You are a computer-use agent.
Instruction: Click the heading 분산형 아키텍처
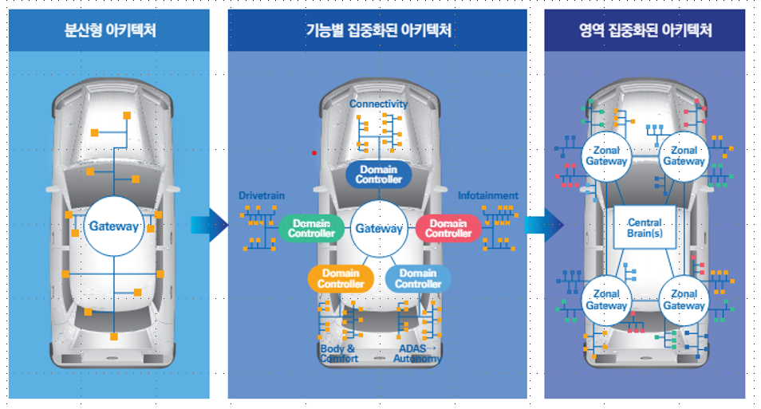tap(109, 32)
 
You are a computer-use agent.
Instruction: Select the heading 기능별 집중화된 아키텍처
tap(378, 32)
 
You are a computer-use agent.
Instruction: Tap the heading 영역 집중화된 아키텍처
tap(645, 32)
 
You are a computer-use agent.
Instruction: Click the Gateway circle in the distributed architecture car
tap(113, 226)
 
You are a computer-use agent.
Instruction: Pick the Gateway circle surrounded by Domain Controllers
tap(379, 229)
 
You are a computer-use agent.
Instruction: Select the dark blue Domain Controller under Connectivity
tap(379, 175)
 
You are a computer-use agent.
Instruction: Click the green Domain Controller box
tap(311, 229)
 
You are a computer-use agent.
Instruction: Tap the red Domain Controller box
tap(448, 229)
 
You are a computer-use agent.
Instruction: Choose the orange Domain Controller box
tap(341, 279)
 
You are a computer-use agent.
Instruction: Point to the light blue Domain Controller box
tap(418, 279)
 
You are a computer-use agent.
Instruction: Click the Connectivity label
tap(378, 104)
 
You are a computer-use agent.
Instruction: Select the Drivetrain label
tap(261, 195)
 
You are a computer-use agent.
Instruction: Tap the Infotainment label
tap(487, 195)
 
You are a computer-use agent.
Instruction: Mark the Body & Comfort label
tap(338, 354)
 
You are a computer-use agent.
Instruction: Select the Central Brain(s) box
tap(645, 227)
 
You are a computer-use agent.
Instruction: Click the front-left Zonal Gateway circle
tap(606, 155)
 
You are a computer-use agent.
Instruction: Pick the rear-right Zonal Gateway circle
tap(684, 300)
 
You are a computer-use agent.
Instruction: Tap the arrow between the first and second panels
tap(209, 226)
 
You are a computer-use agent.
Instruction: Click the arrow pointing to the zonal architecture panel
tap(544, 226)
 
